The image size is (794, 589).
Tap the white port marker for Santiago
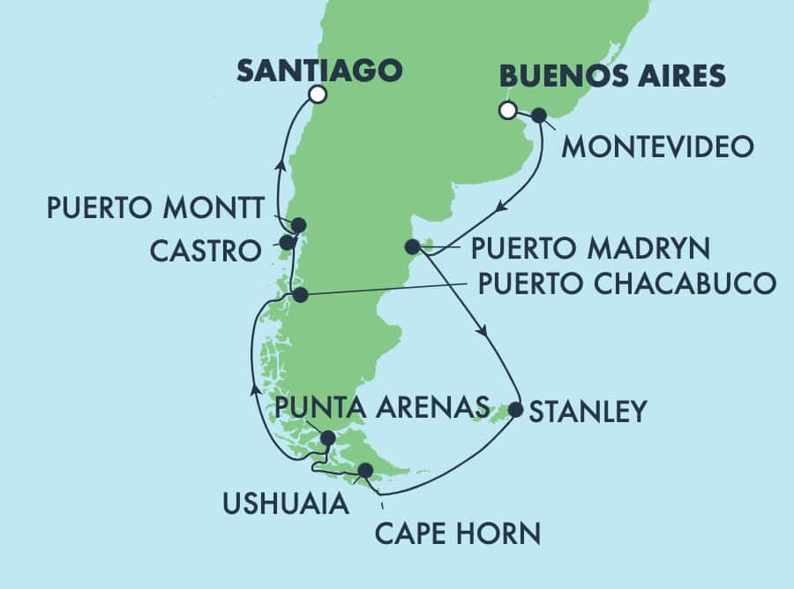[317, 94]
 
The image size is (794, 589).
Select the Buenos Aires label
[612, 76]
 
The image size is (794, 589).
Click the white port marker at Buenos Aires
[507, 110]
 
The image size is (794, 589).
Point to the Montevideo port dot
[538, 115]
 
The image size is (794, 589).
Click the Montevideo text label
[657, 146]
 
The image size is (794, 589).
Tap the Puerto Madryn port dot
[411, 246]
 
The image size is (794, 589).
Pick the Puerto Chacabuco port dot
[301, 295]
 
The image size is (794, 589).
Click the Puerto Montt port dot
[298, 224]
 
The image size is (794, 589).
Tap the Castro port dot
[287, 242]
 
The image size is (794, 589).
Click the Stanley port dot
[516, 410]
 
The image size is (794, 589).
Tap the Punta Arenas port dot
[327, 438]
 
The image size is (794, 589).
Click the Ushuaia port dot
[365, 471]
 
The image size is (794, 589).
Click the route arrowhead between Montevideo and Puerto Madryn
[499, 208]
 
